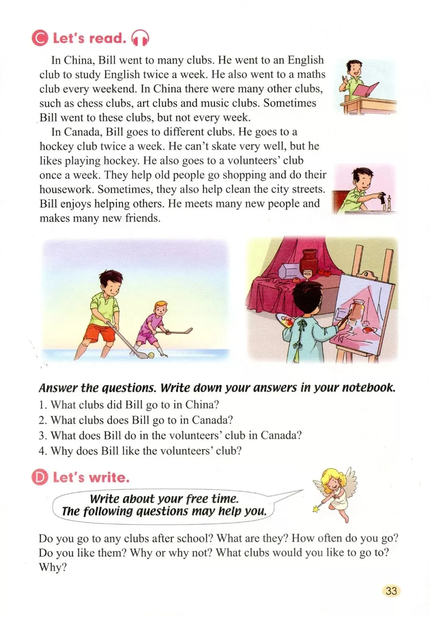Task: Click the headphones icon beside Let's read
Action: click(x=140, y=38)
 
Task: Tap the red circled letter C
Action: click(x=40, y=38)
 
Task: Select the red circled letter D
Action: click(x=40, y=477)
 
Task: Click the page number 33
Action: click(x=391, y=590)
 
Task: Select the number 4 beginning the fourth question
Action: click(x=42, y=451)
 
